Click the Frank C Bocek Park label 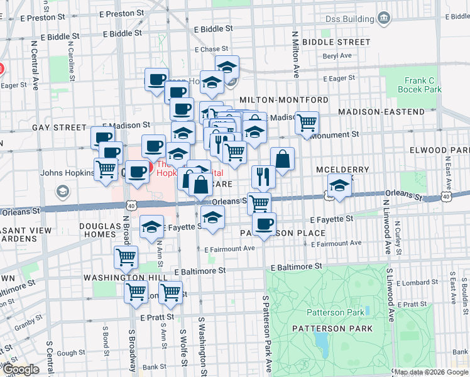[420, 85]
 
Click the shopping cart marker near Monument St [307, 123]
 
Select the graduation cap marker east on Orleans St [339, 186]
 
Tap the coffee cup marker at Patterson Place [265, 223]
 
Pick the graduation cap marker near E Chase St [227, 66]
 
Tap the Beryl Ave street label [337, 55]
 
